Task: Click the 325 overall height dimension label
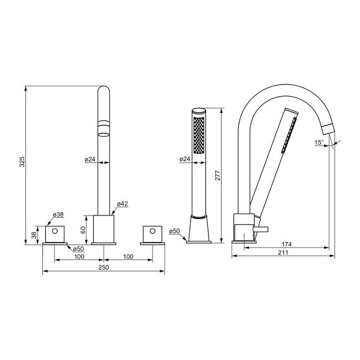pos(22,161)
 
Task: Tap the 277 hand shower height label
pos(218,176)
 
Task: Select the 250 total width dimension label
pos(104,268)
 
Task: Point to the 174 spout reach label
pos(287,244)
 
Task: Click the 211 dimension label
pos(283,253)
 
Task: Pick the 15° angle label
pos(319,142)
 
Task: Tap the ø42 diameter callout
pos(122,204)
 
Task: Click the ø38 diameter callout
pos(58,214)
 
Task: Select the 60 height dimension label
pos(83,230)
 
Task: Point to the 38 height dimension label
pos(34,235)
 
